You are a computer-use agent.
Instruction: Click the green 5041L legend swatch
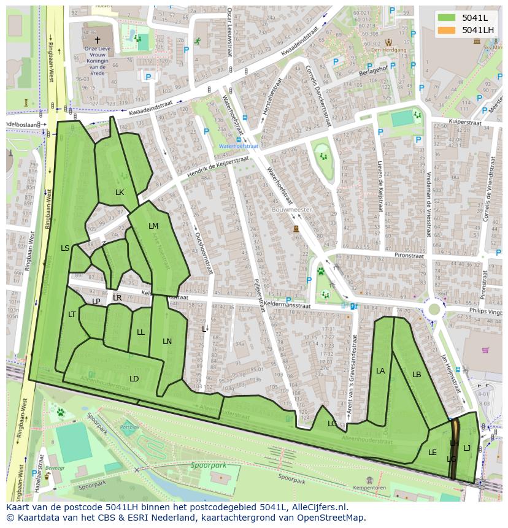(447, 17)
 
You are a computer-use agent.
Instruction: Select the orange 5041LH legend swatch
(447, 30)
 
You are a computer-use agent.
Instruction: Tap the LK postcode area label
(120, 193)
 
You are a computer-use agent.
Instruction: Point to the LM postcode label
(153, 226)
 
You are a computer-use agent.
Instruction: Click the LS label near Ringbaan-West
(65, 248)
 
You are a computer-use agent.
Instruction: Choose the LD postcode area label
(134, 379)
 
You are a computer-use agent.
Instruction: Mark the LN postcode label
(167, 342)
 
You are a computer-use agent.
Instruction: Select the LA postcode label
(380, 371)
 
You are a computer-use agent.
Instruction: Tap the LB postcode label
(417, 375)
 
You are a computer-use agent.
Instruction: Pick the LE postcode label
(433, 453)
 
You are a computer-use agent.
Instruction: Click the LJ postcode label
(467, 448)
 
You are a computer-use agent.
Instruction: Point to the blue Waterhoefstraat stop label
(239, 147)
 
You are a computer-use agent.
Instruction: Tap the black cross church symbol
(97, 39)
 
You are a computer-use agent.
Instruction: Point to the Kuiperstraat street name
(465, 122)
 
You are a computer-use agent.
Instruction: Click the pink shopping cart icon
(485, 351)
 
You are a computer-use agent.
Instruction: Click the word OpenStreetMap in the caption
(331, 518)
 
